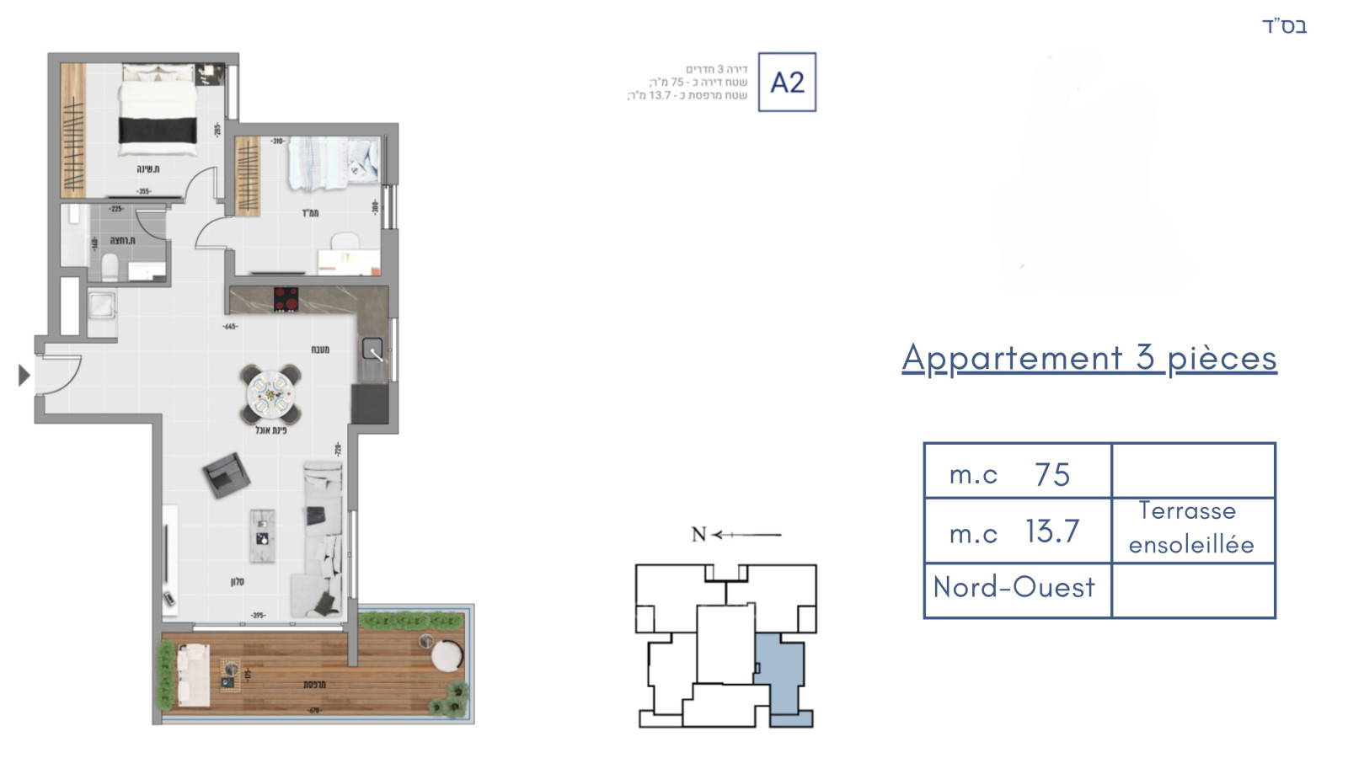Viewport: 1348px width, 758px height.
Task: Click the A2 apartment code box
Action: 787,82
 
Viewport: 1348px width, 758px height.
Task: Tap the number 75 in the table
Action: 1052,475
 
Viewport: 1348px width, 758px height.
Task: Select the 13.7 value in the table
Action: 1052,531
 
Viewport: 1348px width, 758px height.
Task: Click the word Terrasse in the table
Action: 1187,511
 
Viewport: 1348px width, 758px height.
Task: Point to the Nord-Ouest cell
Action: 1014,587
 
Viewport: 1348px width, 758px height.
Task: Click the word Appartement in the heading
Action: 1012,358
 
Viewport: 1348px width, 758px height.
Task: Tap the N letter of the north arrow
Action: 698,534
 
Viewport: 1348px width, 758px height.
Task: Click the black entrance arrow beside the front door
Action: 24,375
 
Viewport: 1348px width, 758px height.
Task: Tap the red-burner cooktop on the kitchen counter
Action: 286,299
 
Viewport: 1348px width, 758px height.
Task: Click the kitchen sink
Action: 372,349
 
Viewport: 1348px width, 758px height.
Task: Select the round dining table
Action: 270,393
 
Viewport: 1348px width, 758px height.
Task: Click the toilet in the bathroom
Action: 109,269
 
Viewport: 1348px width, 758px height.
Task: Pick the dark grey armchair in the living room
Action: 226,475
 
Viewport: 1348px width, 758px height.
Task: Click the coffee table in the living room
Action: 262,536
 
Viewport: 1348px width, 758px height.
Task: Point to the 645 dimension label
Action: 230,326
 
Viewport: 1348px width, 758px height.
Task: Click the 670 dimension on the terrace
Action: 313,710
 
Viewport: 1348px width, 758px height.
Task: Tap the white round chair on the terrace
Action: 447,654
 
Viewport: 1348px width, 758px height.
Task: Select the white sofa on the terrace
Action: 195,675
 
